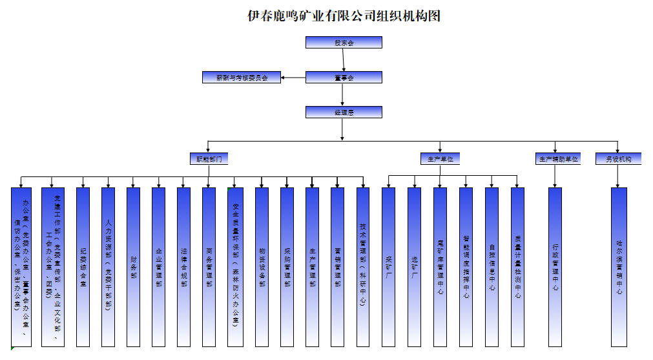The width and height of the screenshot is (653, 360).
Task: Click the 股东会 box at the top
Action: pos(344,43)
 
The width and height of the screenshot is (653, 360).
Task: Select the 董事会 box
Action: pos(344,78)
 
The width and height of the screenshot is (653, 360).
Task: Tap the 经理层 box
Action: pos(344,112)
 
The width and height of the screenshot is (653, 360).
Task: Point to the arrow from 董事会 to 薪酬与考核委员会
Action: pos(293,78)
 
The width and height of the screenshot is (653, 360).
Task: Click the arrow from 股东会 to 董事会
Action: pos(344,60)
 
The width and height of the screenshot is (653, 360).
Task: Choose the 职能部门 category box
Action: pos(209,158)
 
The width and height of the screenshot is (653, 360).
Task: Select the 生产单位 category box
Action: pos(441,158)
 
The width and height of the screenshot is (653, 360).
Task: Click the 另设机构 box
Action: pos(618,158)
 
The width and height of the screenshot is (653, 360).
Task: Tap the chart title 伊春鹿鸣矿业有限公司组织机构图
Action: pos(344,16)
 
